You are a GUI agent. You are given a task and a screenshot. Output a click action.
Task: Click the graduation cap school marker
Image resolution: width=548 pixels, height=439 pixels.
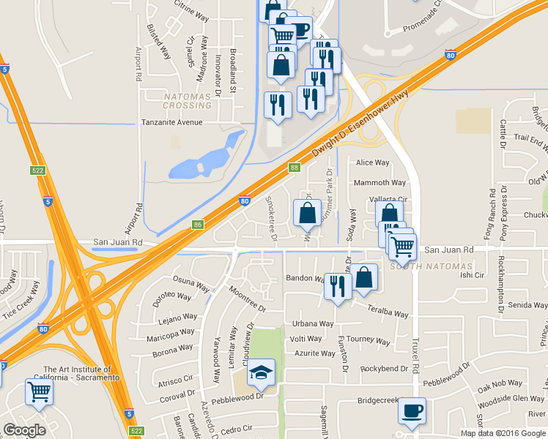point(261,374)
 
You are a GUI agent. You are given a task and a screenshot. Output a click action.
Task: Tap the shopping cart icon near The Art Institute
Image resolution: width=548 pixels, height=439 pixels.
point(38,391)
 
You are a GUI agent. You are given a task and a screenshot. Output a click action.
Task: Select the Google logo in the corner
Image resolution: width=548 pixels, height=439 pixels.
point(24,430)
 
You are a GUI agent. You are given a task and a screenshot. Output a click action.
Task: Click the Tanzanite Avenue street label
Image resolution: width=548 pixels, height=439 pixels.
point(172,123)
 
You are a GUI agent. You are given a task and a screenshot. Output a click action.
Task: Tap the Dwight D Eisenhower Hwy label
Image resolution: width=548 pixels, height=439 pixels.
point(359,124)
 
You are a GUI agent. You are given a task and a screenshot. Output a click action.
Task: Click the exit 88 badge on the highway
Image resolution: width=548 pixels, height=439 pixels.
point(294,168)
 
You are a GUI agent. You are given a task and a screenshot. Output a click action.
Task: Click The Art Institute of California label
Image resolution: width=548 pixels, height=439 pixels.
point(81,373)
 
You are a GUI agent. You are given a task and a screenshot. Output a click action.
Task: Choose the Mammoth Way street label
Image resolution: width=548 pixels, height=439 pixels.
point(379,183)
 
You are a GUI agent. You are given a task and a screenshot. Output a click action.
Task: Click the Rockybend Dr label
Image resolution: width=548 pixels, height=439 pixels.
point(383,367)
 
